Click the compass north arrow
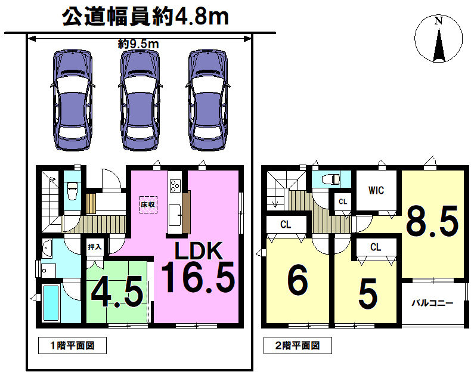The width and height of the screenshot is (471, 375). click(439, 45)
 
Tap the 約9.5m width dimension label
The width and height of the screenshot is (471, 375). click(138, 45)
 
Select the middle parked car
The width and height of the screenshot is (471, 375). click(140, 100)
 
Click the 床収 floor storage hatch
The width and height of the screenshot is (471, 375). click(148, 205)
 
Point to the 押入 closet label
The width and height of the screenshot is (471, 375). click(95, 247)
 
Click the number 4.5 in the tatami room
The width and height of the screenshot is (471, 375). click(117, 292)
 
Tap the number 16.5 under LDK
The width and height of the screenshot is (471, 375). click(198, 277)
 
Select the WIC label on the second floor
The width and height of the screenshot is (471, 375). click(376, 190)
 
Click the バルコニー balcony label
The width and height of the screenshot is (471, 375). click(432, 303)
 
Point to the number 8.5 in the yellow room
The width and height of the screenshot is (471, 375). click(432, 221)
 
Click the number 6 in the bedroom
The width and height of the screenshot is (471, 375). click(298, 280)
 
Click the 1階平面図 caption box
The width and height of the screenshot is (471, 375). click(72, 346)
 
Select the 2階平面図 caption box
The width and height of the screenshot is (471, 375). click(298, 346)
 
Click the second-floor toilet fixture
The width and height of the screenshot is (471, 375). click(331, 179)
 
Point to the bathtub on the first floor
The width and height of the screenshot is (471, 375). click(51, 303)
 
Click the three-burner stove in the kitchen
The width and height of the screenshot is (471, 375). click(175, 185)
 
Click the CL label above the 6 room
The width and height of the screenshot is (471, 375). click(286, 224)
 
